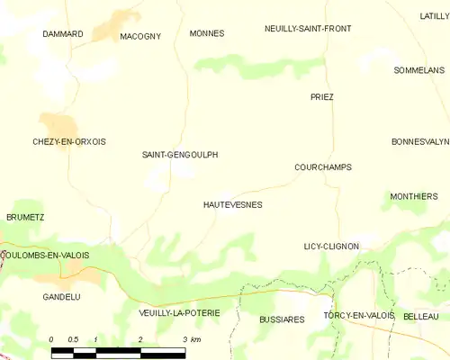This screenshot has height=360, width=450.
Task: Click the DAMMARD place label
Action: [x=63, y=34]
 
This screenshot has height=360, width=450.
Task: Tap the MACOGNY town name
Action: [x=139, y=36]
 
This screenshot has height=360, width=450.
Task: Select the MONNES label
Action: [x=207, y=33]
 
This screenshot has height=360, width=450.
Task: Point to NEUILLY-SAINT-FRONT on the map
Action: [x=308, y=29]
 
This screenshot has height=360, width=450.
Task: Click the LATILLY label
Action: [x=434, y=16]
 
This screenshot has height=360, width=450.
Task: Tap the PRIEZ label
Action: [x=321, y=97]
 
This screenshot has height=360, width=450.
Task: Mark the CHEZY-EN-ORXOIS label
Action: [x=69, y=142]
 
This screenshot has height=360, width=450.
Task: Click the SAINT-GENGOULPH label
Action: [x=180, y=155]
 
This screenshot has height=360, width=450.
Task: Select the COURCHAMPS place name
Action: [x=323, y=167]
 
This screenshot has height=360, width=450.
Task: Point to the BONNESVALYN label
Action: [x=419, y=142]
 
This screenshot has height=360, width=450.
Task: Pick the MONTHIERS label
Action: [x=414, y=196]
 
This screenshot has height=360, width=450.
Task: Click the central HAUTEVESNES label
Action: [x=233, y=205]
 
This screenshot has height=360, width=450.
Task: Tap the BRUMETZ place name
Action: [x=25, y=218]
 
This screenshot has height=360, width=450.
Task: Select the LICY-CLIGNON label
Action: [x=331, y=247]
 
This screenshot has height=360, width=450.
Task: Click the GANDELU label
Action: [x=62, y=296]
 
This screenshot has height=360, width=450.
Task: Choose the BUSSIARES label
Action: [x=282, y=319]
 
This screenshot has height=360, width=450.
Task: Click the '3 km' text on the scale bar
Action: [x=190, y=339]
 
